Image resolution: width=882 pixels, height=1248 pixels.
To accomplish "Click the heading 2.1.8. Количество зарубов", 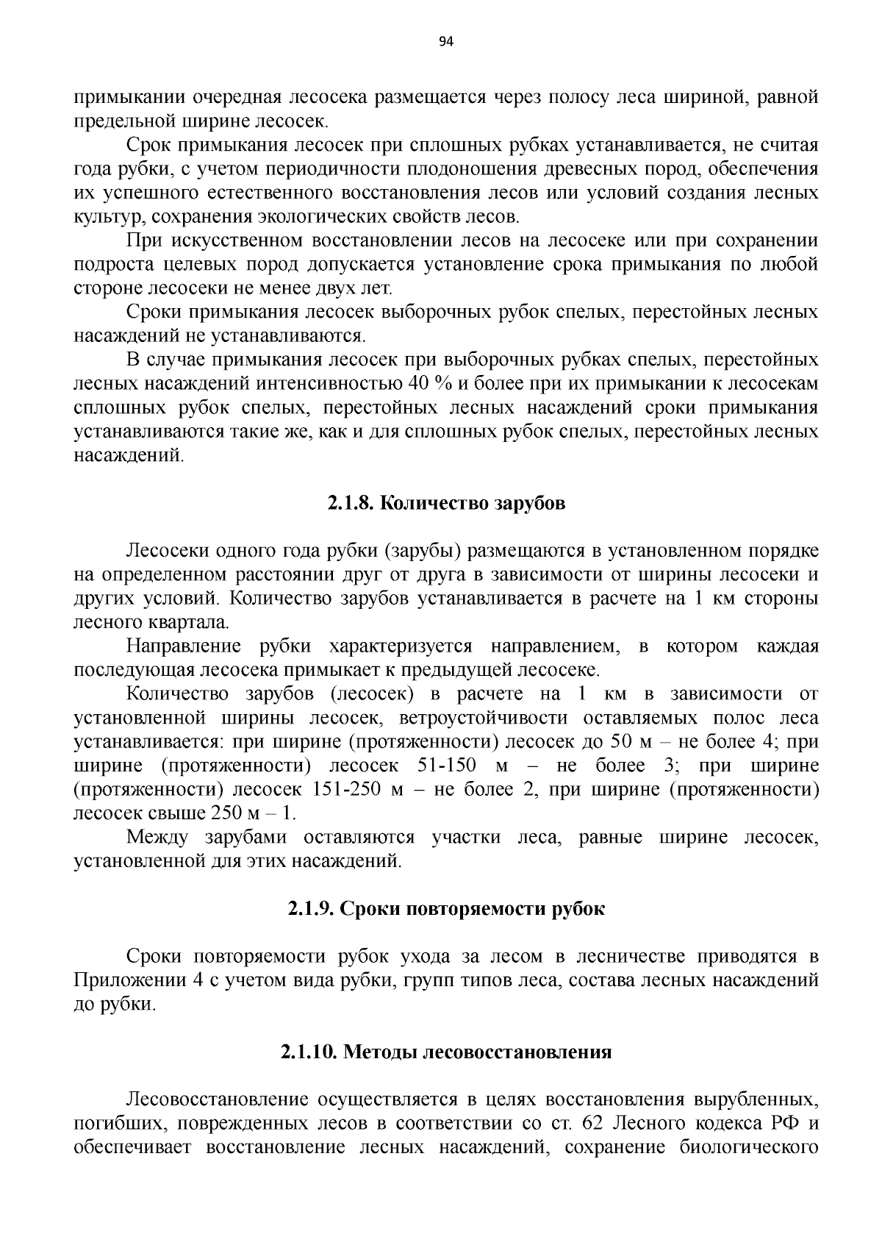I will (446, 504).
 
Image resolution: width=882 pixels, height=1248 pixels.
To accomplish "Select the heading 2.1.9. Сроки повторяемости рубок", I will (446, 909).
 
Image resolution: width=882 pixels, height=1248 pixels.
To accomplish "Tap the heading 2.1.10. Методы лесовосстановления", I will (446, 1052).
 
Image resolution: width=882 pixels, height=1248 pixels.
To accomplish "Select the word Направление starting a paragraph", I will (184, 646).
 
